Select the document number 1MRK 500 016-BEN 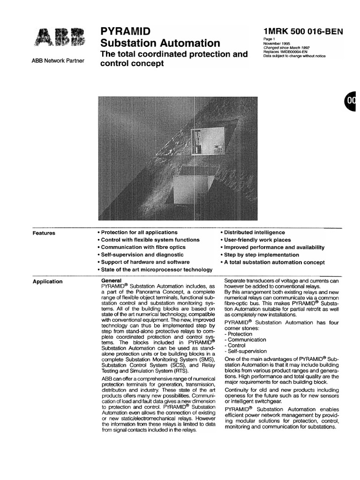(x=304, y=31)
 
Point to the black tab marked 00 (x=352, y=100)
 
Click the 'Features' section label (x=44, y=233)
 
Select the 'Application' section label (x=47, y=282)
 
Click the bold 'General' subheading (x=112, y=280)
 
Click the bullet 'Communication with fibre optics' (x=141, y=247)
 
